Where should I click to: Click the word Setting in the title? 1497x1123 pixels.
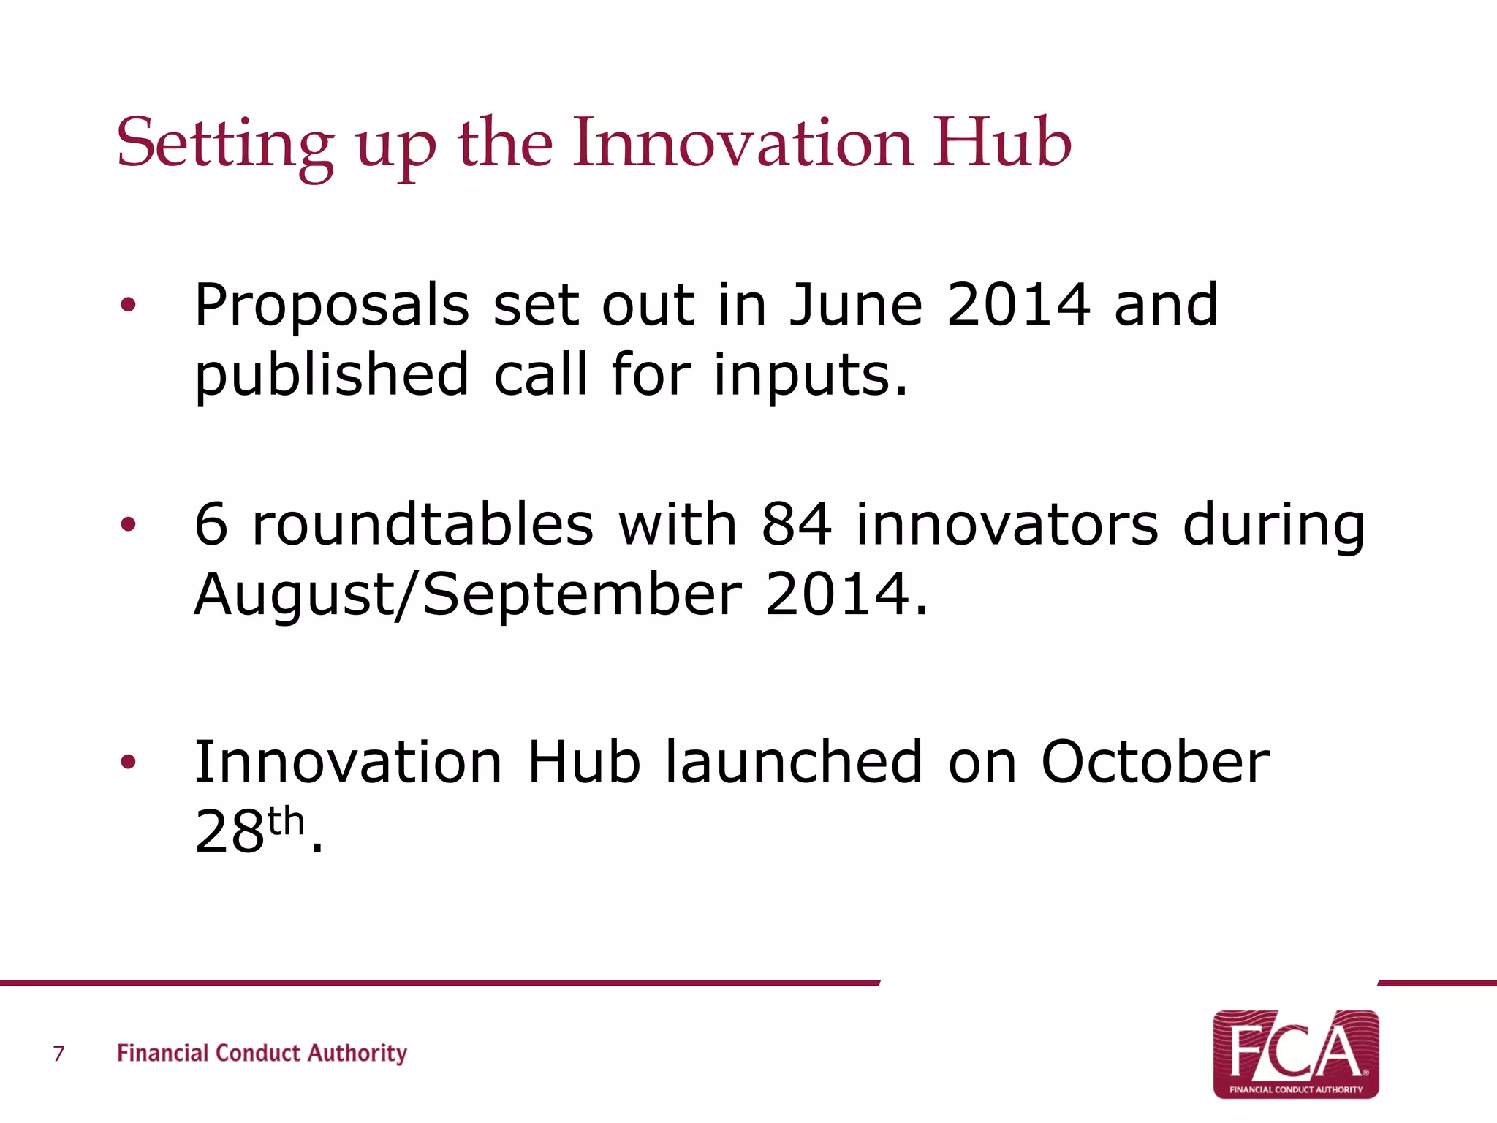(225, 144)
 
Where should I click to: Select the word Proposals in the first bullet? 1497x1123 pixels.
(331, 306)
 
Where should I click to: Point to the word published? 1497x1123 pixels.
(331, 376)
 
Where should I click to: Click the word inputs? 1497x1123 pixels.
(810, 376)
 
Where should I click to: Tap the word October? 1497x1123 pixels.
(1155, 762)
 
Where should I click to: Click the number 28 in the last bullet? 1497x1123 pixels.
(229, 832)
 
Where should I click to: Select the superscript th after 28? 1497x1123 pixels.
(286, 821)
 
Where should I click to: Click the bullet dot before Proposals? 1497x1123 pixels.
(129, 306)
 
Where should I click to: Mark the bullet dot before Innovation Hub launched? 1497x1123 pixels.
(129, 763)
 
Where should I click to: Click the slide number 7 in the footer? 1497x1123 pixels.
(59, 1054)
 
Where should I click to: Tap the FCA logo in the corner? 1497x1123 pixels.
(1295, 1054)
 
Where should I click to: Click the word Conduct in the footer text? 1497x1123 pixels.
(258, 1053)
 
